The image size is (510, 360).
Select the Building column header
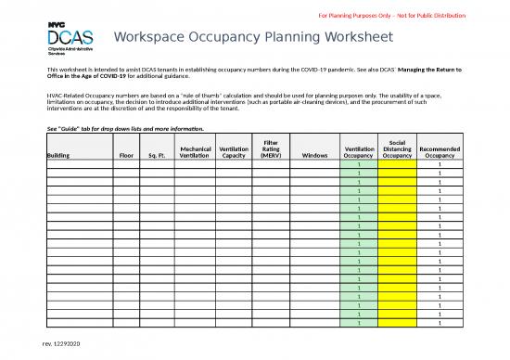coord(57,156)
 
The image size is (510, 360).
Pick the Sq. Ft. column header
coord(157,156)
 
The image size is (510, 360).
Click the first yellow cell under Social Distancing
coord(397,165)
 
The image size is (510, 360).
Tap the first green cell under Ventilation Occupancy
coord(358,165)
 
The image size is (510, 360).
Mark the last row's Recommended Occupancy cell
coord(439,323)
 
